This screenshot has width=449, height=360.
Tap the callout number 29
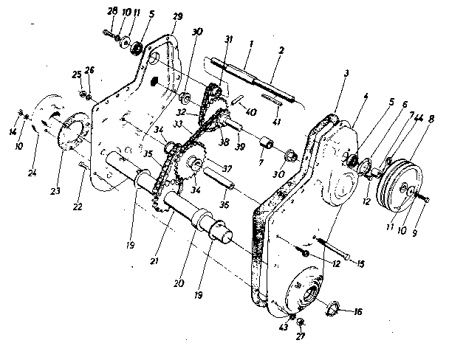177,16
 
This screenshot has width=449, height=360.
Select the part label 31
230,39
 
